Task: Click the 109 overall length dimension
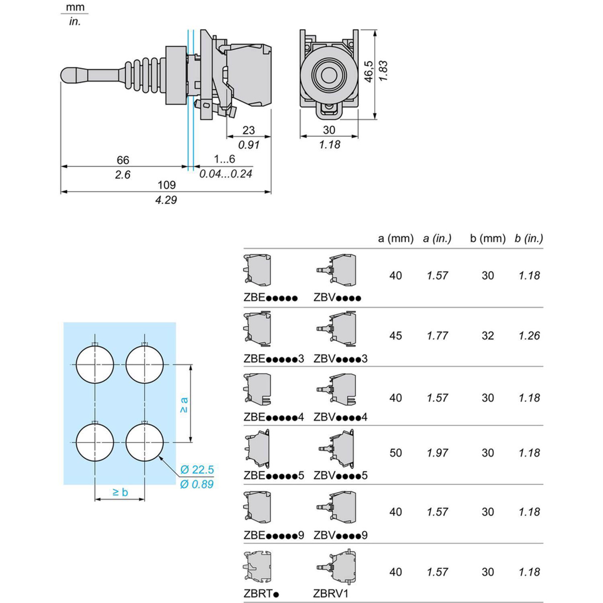[x=166, y=184]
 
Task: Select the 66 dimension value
[x=123, y=160]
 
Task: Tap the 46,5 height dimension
[x=369, y=71]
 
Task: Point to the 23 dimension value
[x=249, y=130]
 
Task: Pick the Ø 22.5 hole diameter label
[x=197, y=470]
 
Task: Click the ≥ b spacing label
[x=120, y=492]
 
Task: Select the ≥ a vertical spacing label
[x=184, y=405]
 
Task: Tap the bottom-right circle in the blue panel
[x=145, y=442]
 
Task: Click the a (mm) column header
[x=395, y=238]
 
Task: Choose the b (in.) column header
[x=529, y=238]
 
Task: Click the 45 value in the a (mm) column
[x=395, y=336]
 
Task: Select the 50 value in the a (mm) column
[x=395, y=453]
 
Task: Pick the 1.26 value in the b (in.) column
[x=529, y=336]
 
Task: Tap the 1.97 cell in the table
[x=437, y=453]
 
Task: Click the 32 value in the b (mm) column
[x=487, y=336]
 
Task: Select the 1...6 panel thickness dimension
[x=224, y=159]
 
